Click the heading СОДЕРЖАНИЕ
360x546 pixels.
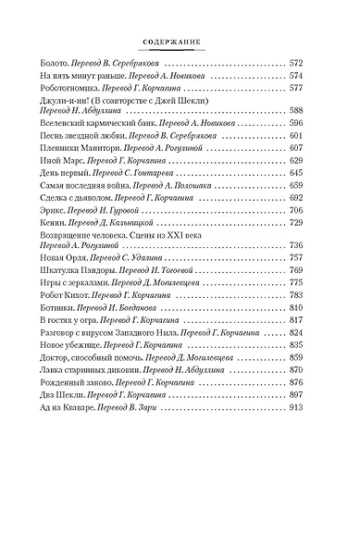point(180,41)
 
